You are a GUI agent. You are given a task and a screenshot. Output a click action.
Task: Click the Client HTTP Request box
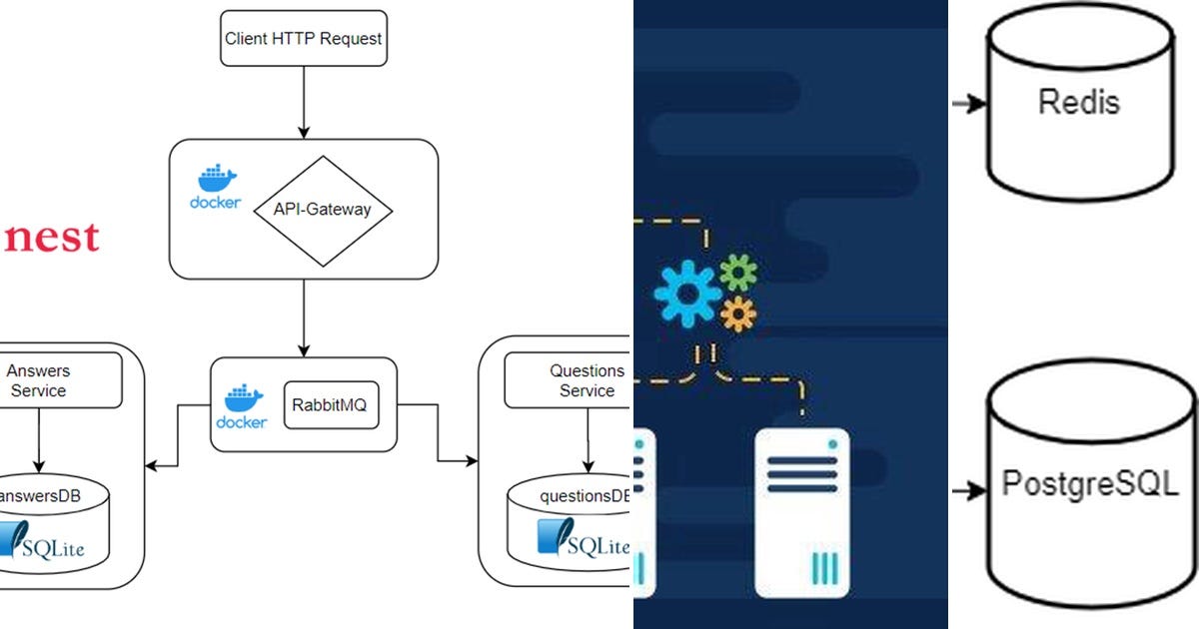tap(303, 39)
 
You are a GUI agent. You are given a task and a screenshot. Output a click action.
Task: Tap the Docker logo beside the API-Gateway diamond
tap(216, 187)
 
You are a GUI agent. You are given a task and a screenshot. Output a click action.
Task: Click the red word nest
tap(49, 238)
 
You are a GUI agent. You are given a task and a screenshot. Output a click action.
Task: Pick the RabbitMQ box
tap(332, 404)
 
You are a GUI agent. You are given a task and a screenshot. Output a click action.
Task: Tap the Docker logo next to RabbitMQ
tap(242, 406)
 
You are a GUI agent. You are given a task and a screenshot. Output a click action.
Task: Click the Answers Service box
tap(40, 380)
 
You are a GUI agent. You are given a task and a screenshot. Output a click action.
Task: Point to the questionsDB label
tap(585, 496)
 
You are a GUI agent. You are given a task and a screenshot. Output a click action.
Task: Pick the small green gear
tap(738, 272)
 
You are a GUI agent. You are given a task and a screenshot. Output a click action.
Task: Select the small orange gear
tap(738, 314)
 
